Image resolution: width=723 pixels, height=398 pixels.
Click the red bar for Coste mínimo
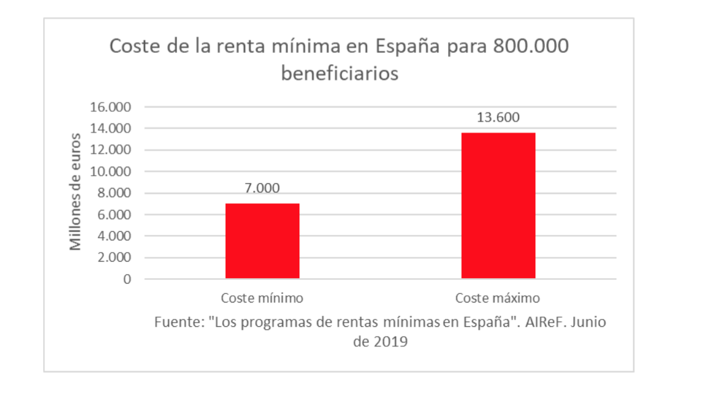[262, 241]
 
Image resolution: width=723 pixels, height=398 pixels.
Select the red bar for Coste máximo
[498, 206]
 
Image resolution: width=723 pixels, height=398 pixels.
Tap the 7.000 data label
[262, 188]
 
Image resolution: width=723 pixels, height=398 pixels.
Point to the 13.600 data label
[498, 117]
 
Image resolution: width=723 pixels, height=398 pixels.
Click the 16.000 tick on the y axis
[110, 108]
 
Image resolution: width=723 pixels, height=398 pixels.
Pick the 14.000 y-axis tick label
[110, 129]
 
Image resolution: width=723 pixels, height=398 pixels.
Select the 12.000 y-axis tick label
[110, 150]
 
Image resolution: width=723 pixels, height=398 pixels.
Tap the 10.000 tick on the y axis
[110, 172]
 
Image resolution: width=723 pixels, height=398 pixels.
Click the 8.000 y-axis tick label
[113, 194]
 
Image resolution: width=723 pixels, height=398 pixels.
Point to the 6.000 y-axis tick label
[113, 215]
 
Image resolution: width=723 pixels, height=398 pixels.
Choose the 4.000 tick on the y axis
[113, 236]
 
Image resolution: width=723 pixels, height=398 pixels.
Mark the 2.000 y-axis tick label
[113, 257]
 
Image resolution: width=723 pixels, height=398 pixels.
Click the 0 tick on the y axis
[126, 279]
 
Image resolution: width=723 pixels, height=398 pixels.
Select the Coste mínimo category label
[262, 299]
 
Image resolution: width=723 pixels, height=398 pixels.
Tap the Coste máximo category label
[498, 299]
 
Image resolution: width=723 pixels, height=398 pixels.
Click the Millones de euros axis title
[75, 190]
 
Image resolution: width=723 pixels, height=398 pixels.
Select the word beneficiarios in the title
[340, 74]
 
